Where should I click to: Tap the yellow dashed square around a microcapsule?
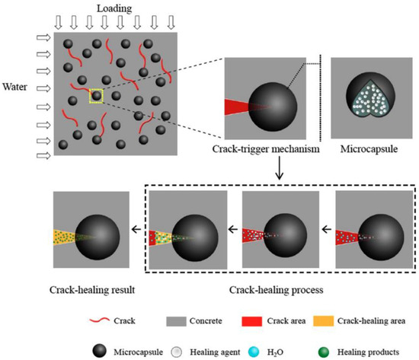[96, 95]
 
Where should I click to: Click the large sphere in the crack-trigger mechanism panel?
[274, 107]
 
